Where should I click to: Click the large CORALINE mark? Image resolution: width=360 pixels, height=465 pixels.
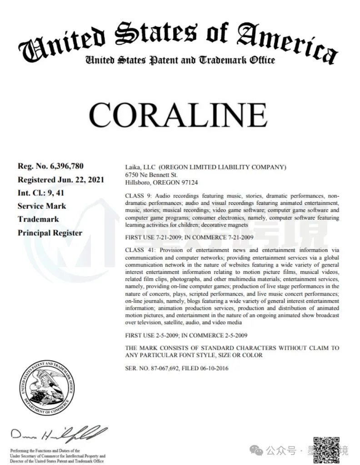178,115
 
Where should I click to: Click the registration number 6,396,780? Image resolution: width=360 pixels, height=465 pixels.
65,166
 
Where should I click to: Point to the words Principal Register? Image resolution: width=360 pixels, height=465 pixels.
50,233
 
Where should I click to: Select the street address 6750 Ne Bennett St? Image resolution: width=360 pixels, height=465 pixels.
151,174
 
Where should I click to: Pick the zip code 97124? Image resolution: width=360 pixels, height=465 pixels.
189,182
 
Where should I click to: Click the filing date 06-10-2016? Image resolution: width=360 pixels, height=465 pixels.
214,368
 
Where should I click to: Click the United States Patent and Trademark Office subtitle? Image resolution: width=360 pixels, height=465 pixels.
180,60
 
